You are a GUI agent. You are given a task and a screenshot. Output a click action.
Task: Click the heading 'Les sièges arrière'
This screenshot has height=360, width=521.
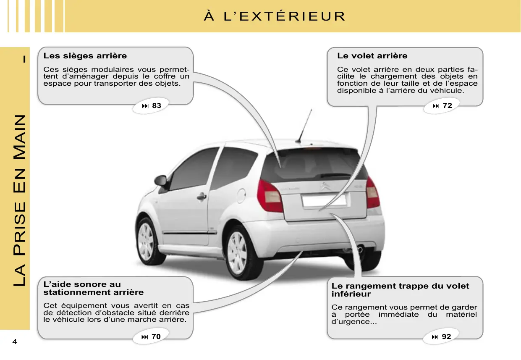click(x=85, y=56)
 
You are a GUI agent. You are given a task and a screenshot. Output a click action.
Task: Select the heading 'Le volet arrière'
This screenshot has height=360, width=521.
click(x=372, y=56)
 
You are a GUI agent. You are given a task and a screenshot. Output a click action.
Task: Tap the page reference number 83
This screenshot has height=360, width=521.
click(x=156, y=106)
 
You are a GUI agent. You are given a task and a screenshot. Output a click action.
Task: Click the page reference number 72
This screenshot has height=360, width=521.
click(x=448, y=106)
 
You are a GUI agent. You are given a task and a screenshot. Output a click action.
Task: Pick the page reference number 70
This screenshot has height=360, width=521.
click(x=156, y=336)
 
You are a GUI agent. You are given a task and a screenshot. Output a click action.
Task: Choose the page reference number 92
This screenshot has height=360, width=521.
click(x=446, y=336)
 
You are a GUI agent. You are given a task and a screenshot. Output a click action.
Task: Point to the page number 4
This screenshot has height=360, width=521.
click(x=15, y=342)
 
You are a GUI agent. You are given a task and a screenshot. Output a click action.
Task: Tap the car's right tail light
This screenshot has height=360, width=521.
click(x=372, y=193)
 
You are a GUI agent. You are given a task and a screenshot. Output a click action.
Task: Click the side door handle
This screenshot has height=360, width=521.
click(x=202, y=196)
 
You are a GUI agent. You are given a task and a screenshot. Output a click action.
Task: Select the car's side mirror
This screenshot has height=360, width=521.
click(x=161, y=181)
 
